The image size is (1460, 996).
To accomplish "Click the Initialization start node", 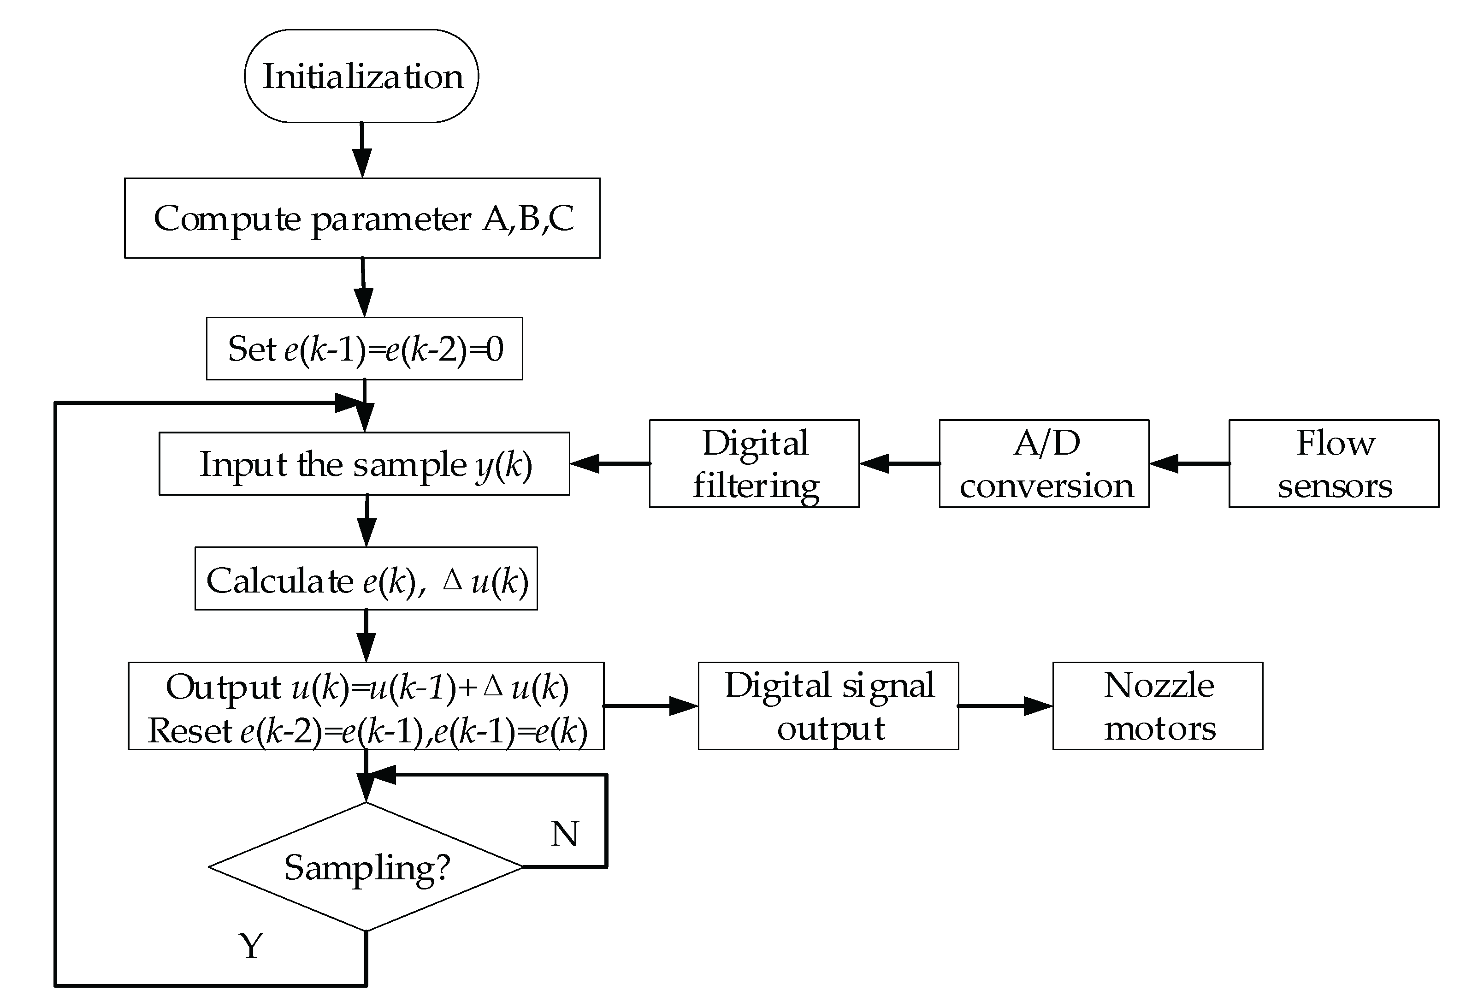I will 361,76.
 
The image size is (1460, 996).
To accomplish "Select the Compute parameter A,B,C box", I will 362,218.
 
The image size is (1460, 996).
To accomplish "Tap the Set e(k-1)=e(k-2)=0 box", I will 364,349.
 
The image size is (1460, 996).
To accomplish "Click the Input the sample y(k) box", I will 364,464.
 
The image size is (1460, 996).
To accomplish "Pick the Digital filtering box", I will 754,464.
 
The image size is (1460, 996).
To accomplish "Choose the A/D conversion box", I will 1044,464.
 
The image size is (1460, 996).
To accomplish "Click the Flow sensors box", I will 1334,464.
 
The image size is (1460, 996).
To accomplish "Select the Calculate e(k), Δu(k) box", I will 366,579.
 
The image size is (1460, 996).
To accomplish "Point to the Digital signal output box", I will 828,706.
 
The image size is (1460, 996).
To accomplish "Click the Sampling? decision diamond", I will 366,867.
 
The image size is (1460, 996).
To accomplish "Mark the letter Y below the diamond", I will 251,946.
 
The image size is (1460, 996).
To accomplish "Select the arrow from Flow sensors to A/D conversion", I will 1189,464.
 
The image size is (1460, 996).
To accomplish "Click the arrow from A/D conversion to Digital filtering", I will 899,464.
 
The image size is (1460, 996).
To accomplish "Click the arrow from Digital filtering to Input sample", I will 609,464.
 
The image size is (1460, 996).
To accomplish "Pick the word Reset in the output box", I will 190,731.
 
